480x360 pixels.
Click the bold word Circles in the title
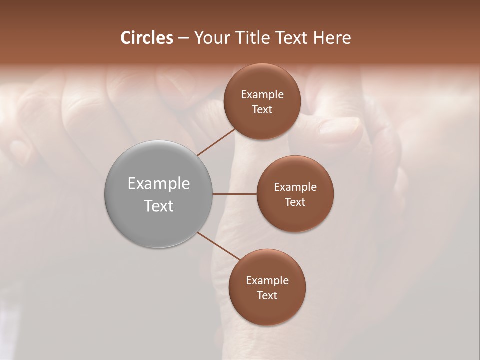pos(146,38)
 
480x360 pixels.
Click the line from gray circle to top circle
pos(216,142)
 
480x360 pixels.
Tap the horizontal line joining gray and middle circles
pos(235,194)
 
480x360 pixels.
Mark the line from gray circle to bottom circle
pos(218,246)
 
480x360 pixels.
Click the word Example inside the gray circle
pos(159,184)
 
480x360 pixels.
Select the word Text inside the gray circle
pos(159,206)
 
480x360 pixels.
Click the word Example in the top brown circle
pos(262,95)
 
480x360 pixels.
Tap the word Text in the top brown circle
pos(262,110)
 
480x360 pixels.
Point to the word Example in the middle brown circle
pos(295,187)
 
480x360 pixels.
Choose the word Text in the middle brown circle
pos(295,202)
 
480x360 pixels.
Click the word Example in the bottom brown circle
pos(267,281)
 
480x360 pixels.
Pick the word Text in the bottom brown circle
pos(267,296)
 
